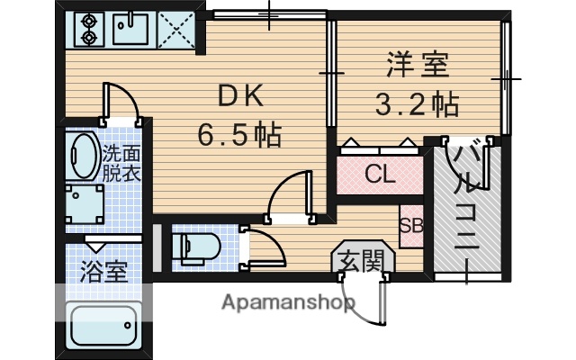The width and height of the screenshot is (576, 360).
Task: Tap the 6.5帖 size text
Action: click(x=239, y=136)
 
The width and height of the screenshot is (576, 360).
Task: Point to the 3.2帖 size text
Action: click(x=417, y=103)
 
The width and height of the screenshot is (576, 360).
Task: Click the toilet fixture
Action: click(x=193, y=247)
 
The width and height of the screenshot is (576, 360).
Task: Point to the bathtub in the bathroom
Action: click(x=103, y=323)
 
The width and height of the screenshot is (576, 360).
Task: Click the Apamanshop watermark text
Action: click(x=288, y=301)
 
